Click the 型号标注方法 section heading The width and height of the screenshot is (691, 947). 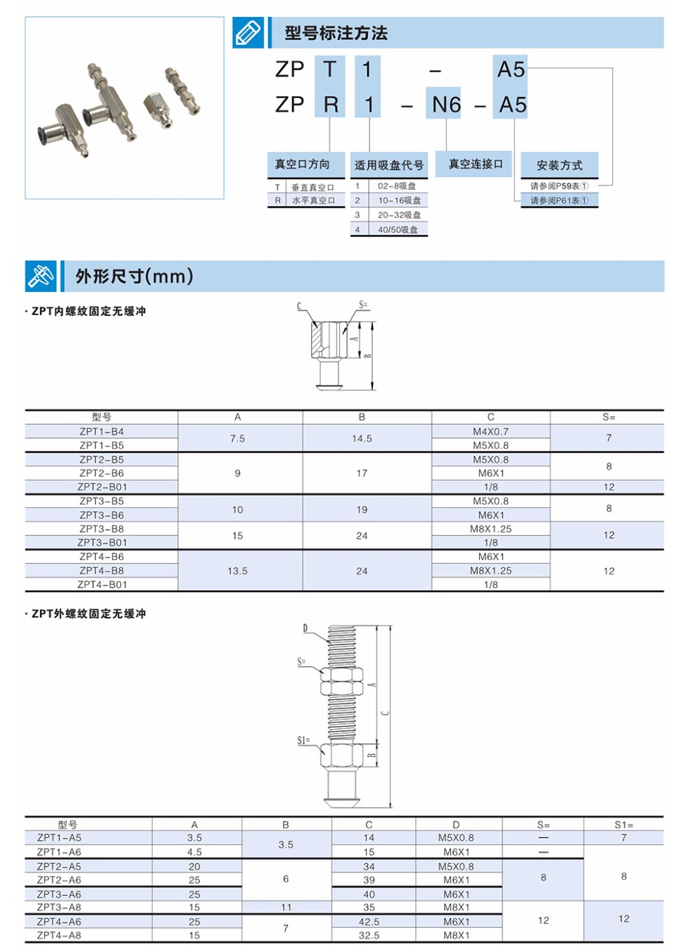tap(336, 33)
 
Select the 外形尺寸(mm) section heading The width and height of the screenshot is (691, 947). tap(134, 276)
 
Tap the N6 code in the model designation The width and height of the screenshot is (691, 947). tap(446, 105)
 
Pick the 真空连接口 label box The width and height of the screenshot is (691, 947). tap(476, 164)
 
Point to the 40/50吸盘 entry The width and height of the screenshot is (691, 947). tap(398, 229)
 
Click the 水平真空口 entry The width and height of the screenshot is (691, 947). tap(313, 201)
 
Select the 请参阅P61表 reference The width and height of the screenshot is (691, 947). tap(559, 201)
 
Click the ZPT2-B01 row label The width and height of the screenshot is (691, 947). tap(102, 487)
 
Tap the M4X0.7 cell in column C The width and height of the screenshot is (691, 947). tap(490, 431)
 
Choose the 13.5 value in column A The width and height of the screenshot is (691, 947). tap(237, 571)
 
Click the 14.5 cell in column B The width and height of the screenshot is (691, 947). tap(362, 438)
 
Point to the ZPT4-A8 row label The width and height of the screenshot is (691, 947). tap(59, 935)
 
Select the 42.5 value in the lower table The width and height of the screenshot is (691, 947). tap(369, 921)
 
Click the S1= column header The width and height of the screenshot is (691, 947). tap(623, 825)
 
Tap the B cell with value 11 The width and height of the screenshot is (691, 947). tap(286, 908)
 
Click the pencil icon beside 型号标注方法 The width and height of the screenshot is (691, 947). tap(248, 33)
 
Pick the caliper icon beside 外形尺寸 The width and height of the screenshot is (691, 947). tap(41, 276)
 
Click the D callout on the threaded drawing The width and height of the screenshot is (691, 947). tap(305, 628)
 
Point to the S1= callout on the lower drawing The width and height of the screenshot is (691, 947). tap(303, 740)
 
